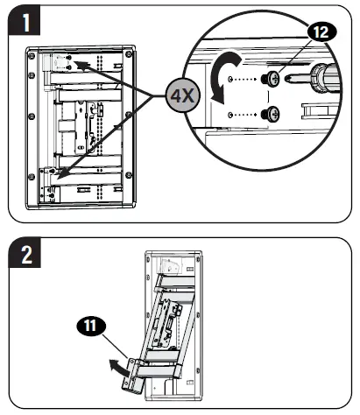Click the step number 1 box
pyautogui.click(x=23, y=22)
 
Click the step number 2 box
pyautogui.click(x=23, y=257)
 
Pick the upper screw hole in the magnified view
pyautogui.click(x=229, y=78)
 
